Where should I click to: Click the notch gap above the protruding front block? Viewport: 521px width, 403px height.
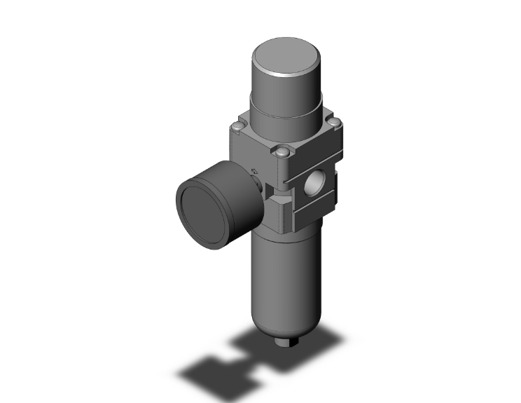(x=277, y=188)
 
